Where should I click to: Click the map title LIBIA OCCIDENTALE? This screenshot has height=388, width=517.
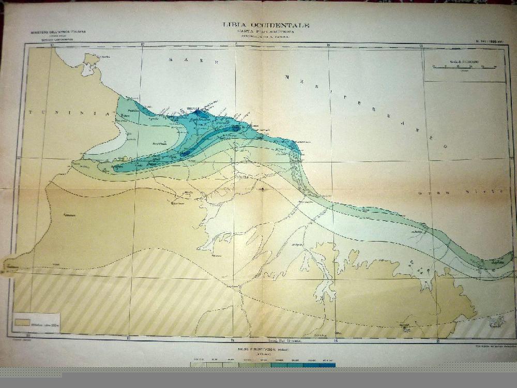pos(266,25)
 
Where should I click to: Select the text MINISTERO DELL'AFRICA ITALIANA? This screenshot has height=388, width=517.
pos(58,32)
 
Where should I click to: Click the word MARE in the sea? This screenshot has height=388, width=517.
pos(192,61)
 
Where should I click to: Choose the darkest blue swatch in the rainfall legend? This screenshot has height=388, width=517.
pos(327,365)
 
